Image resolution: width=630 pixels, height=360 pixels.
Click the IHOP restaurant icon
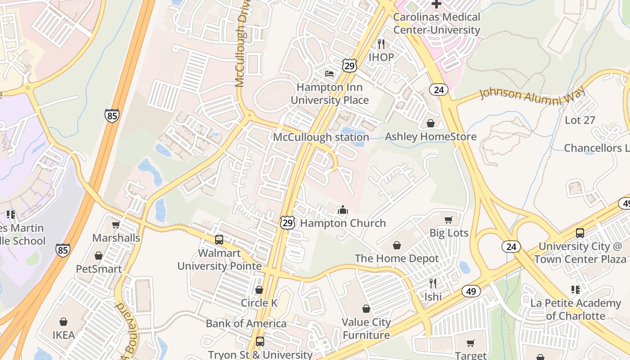point(381,44)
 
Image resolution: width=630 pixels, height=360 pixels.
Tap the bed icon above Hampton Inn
point(329,73)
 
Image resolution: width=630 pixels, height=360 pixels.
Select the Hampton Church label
point(342,223)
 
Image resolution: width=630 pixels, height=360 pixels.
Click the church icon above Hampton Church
point(343,210)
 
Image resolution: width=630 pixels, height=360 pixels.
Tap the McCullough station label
point(321,137)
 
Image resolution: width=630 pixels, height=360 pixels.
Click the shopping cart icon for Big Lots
point(449,220)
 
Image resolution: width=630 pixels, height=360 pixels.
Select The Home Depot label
point(396,258)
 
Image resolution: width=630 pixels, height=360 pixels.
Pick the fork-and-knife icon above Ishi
point(433,283)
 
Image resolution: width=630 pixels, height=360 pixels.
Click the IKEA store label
point(63,335)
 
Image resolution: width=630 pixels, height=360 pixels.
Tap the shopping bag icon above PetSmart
point(99,256)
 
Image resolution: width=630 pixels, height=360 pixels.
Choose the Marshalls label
point(116,237)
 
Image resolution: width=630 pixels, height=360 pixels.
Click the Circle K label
point(259,303)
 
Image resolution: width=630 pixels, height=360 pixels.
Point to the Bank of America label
point(246,324)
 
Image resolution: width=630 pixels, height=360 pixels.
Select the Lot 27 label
point(580,120)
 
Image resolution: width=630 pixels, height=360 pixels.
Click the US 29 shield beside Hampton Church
point(288,222)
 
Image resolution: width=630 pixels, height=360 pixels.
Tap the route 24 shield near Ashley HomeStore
point(439,90)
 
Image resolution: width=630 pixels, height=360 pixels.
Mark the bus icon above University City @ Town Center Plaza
point(580,233)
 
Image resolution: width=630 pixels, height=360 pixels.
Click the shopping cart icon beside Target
point(471,343)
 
